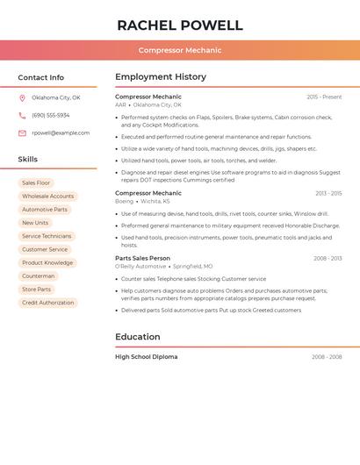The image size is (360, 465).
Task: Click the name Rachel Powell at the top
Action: pyautogui.click(x=179, y=25)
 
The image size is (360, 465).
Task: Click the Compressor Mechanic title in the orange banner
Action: pyautogui.click(x=179, y=50)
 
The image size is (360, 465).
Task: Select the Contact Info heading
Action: pyautogui.click(x=40, y=77)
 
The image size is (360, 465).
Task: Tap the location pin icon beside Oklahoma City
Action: pyautogui.click(x=22, y=97)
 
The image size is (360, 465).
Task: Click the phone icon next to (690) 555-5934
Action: pyautogui.click(x=22, y=115)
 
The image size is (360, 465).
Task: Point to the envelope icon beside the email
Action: pyautogui.click(x=22, y=133)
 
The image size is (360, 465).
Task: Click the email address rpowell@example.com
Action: pyautogui.click(x=61, y=133)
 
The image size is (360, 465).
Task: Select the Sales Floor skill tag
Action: pyautogui.click(x=36, y=182)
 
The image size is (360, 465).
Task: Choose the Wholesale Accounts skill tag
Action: pyautogui.click(x=47, y=197)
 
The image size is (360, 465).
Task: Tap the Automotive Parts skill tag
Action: pyautogui.click(x=45, y=210)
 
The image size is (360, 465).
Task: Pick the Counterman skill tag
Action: pyautogui.click(x=39, y=276)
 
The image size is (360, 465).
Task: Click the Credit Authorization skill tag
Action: pyautogui.click(x=47, y=303)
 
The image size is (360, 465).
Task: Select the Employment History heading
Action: pyautogui.click(x=161, y=77)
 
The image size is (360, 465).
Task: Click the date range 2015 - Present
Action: pyautogui.click(x=324, y=97)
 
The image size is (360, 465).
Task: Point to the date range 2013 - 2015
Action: pyautogui.click(x=328, y=193)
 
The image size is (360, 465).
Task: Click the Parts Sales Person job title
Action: pyautogui.click(x=142, y=258)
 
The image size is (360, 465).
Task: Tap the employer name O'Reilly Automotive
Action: pyautogui.click(x=140, y=266)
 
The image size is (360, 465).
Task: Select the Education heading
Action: pyautogui.click(x=138, y=337)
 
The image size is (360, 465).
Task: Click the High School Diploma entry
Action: pyautogui.click(x=146, y=357)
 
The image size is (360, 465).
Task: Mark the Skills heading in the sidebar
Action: pyautogui.click(x=28, y=160)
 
